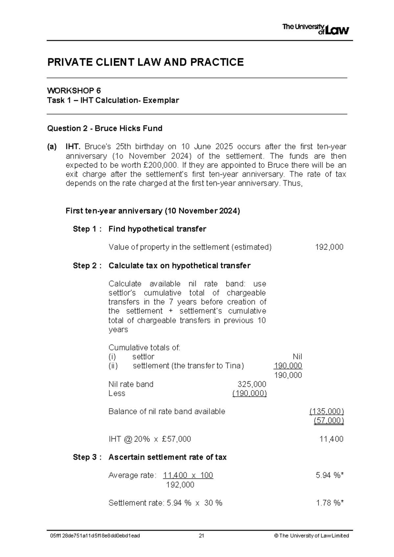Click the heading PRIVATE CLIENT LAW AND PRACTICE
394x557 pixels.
pos(145,62)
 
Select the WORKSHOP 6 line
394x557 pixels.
pos(74,91)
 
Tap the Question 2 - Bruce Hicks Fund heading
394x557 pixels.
pos(105,128)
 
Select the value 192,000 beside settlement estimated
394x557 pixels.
pos(329,247)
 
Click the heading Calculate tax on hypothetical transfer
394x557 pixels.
pos(179,265)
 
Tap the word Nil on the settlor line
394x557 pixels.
pos(297,357)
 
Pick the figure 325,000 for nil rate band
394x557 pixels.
pos(252,384)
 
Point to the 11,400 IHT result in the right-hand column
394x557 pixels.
pos(331,439)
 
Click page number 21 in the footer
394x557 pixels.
pos(201,536)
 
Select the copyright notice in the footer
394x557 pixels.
pos(311,536)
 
